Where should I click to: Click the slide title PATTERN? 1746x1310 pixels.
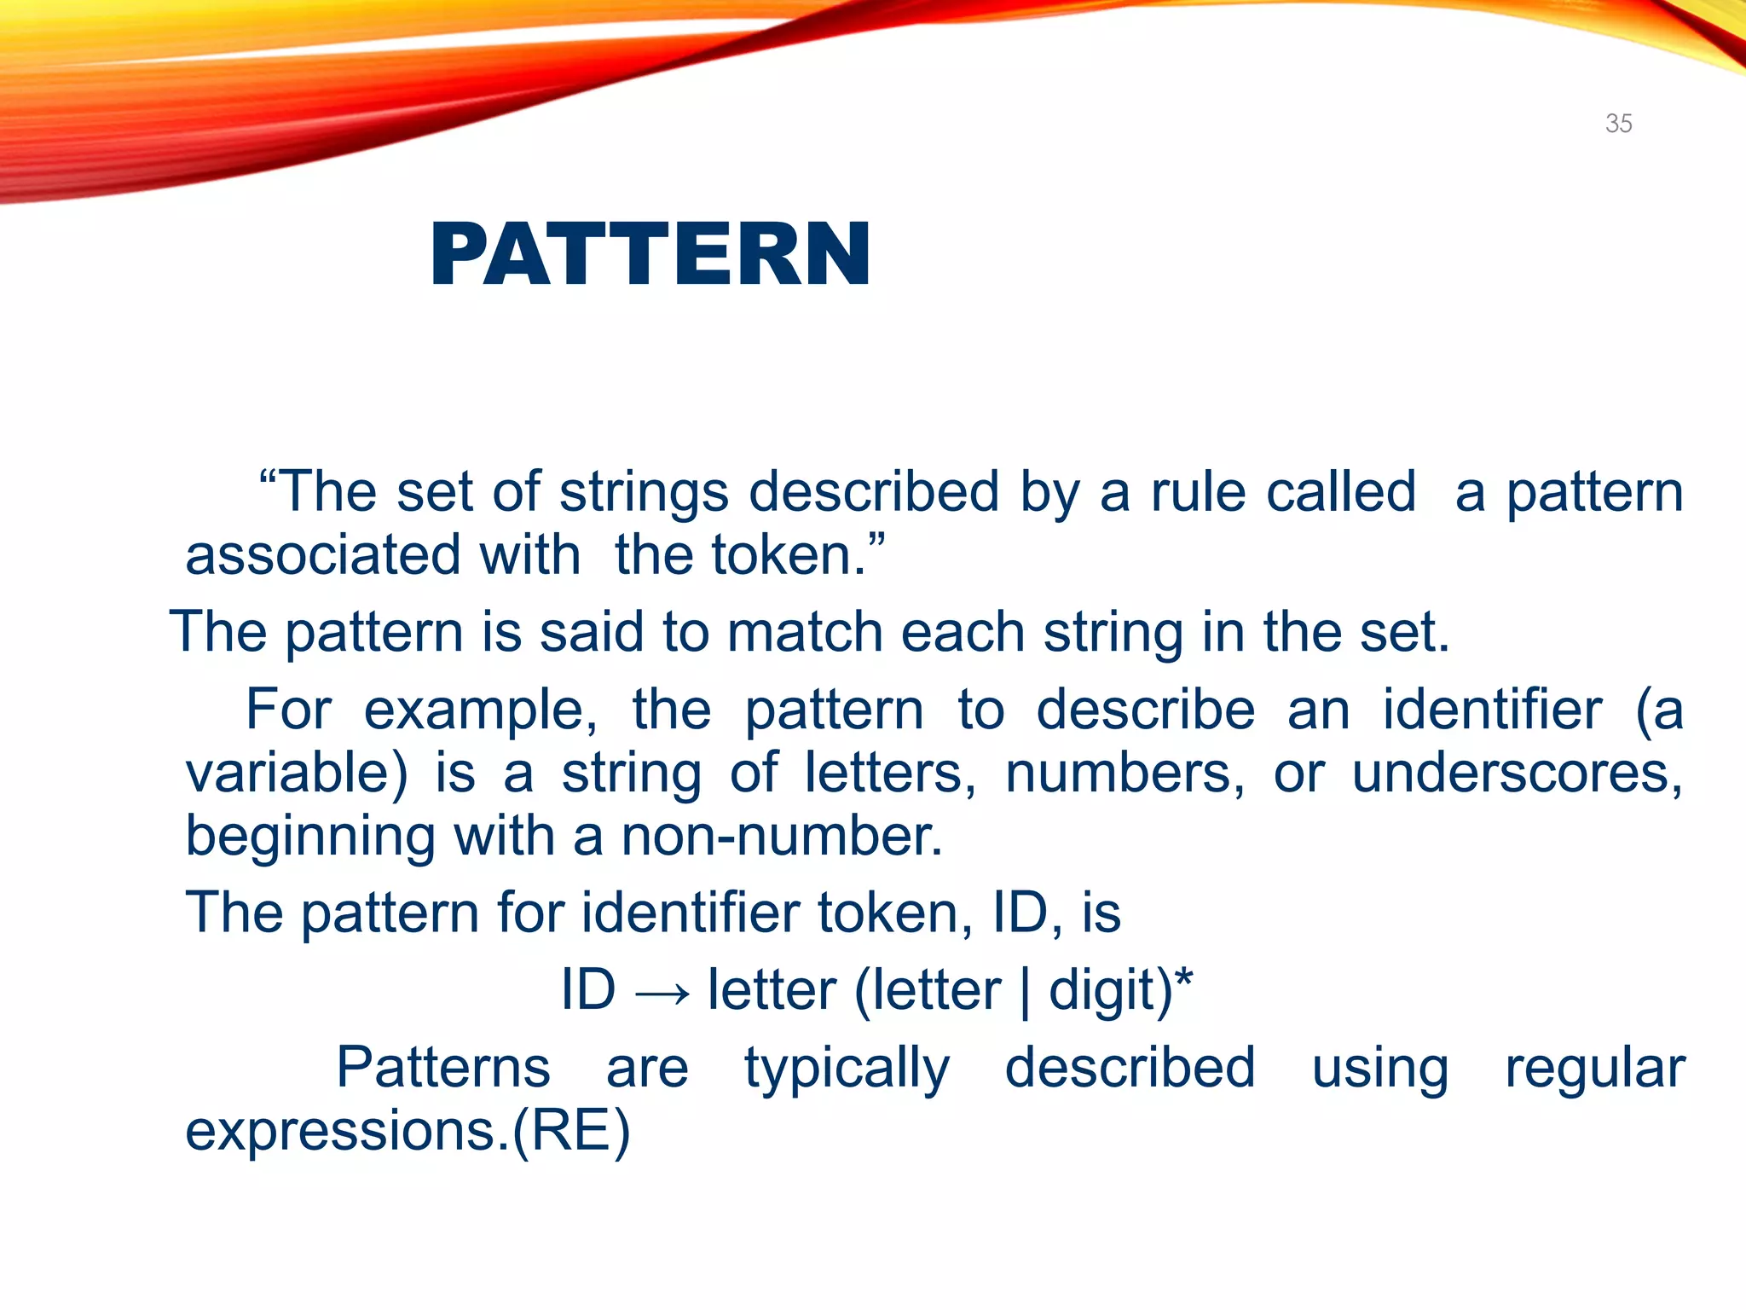tap(650, 254)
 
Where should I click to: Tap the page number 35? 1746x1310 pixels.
tap(1618, 124)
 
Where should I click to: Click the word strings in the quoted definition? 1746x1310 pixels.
tap(644, 493)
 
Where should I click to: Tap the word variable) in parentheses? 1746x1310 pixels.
tap(297, 773)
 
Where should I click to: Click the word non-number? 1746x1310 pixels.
tap(782, 836)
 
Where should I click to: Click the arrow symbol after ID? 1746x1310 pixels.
tap(662, 993)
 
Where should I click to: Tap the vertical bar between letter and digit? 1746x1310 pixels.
tap(1025, 993)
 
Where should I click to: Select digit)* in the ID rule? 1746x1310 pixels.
tap(1120, 991)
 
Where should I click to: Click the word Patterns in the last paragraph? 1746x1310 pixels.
tap(443, 1068)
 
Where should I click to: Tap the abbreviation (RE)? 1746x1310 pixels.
tap(571, 1131)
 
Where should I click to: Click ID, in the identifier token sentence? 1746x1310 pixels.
tap(1027, 913)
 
